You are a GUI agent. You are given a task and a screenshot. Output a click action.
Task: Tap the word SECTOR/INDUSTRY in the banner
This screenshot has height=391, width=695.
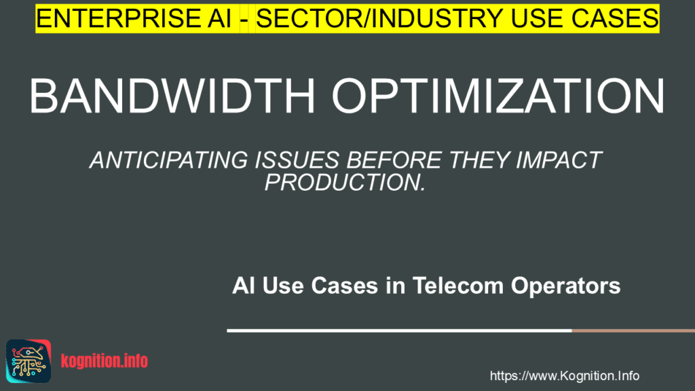pyautogui.click(x=379, y=18)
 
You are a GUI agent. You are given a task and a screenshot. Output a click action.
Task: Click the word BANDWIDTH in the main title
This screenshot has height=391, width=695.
pyautogui.click(x=172, y=96)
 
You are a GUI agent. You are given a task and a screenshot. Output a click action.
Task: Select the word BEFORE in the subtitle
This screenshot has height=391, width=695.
pyautogui.click(x=394, y=160)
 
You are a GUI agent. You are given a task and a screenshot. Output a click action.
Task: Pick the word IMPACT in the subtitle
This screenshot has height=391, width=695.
pyautogui.click(x=559, y=160)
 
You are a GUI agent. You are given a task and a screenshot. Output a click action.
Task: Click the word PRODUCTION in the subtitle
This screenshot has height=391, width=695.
pyautogui.click(x=342, y=182)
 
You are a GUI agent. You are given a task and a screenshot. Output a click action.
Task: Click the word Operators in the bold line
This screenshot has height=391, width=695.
pyautogui.click(x=565, y=286)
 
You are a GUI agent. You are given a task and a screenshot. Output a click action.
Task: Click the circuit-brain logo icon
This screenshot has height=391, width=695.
pyautogui.click(x=29, y=361)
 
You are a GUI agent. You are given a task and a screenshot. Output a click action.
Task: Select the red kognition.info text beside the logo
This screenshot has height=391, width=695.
pyautogui.click(x=105, y=361)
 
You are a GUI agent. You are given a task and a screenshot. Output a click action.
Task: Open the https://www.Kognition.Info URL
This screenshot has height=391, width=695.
pyautogui.click(x=564, y=376)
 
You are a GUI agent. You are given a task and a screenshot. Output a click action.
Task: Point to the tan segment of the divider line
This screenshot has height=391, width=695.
pyautogui.click(x=633, y=331)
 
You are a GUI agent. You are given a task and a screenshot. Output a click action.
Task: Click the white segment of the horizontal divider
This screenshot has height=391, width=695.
pyautogui.click(x=399, y=331)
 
